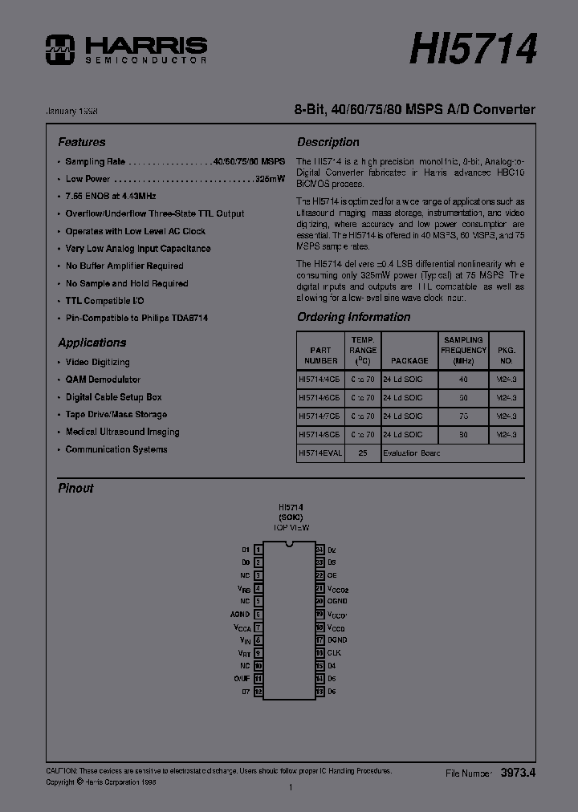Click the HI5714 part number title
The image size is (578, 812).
(x=473, y=49)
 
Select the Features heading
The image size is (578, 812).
(x=81, y=142)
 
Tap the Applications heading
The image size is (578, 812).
(x=92, y=343)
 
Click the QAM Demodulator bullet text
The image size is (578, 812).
(x=103, y=380)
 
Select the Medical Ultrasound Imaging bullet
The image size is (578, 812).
(x=122, y=432)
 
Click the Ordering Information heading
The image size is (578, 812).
(x=353, y=317)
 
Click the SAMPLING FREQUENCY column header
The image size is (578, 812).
(x=464, y=350)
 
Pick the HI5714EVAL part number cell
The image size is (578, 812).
(x=320, y=453)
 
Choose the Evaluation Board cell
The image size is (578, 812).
(x=411, y=453)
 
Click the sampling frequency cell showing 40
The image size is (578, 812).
(x=463, y=378)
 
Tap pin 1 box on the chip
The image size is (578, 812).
(x=258, y=550)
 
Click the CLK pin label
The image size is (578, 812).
(x=335, y=653)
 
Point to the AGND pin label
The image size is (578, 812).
(x=240, y=615)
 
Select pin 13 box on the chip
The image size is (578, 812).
(x=320, y=691)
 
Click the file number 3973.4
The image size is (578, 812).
(x=518, y=773)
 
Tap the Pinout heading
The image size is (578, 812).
(x=75, y=488)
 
